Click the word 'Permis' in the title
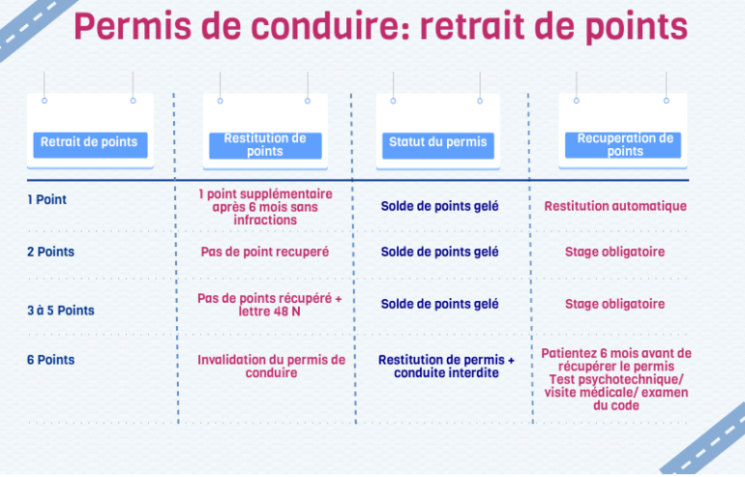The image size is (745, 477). [133, 27]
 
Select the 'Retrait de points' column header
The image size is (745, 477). [89, 141]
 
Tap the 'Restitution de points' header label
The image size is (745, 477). [265, 145]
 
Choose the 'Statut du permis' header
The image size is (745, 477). [438, 141]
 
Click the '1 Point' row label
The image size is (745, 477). [46, 199]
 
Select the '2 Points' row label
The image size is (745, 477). [51, 252]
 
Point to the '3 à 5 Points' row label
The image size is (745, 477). [61, 311]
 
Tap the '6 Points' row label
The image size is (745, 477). [51, 360]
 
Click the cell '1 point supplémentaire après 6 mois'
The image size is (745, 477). [265, 207]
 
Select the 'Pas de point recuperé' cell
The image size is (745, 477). [265, 252]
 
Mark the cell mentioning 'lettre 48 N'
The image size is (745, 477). [269, 305]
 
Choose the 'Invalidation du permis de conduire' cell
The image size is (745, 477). [271, 367]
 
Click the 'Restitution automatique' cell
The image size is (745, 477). [615, 206]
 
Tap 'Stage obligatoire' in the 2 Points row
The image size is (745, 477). [614, 252]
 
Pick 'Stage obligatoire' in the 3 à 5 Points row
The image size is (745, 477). [614, 304]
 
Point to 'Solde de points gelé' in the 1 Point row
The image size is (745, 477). [439, 206]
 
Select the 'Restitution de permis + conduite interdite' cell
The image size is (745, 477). [446, 367]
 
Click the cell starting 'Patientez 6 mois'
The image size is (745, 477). [616, 379]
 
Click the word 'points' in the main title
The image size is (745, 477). [637, 27]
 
